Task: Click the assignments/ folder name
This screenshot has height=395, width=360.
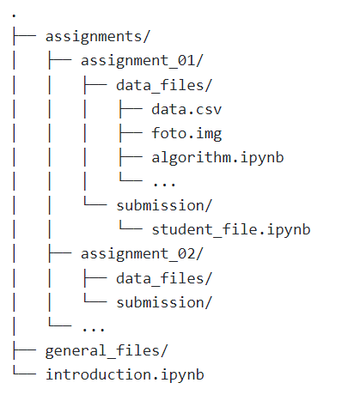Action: pyautogui.click(x=98, y=37)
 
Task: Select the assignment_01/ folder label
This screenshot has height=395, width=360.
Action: pyautogui.click(x=142, y=61)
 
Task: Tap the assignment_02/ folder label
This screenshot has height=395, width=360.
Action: pyautogui.click(x=142, y=254)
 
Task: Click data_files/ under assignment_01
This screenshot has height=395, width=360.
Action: pyautogui.click(x=164, y=85)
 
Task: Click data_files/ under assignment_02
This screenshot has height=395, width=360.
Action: pyautogui.click(x=164, y=278)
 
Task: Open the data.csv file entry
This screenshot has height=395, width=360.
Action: pyautogui.click(x=186, y=109)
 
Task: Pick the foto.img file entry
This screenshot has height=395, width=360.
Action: pyautogui.click(x=186, y=134)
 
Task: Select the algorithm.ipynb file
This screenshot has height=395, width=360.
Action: pyautogui.click(x=217, y=158)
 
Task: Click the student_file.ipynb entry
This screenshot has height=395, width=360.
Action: pyautogui.click(x=231, y=230)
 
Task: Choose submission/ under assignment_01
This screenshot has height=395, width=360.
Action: pyautogui.click(x=164, y=205)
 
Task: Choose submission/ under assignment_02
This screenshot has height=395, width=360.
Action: pyautogui.click(x=164, y=302)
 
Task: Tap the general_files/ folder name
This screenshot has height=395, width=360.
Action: pyautogui.click(x=107, y=351)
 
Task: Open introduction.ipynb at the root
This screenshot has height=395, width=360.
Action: pyautogui.click(x=125, y=375)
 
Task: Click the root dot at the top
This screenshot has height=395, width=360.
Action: pyautogui.click(x=14, y=15)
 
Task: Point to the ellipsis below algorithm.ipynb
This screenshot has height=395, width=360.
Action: pyautogui.click(x=164, y=185)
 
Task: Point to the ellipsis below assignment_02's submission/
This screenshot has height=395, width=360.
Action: pyautogui.click(x=94, y=329)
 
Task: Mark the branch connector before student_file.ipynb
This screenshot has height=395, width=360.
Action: pyautogui.click(x=131, y=226)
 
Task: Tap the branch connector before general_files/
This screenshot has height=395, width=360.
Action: pyautogui.click(x=24, y=349)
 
